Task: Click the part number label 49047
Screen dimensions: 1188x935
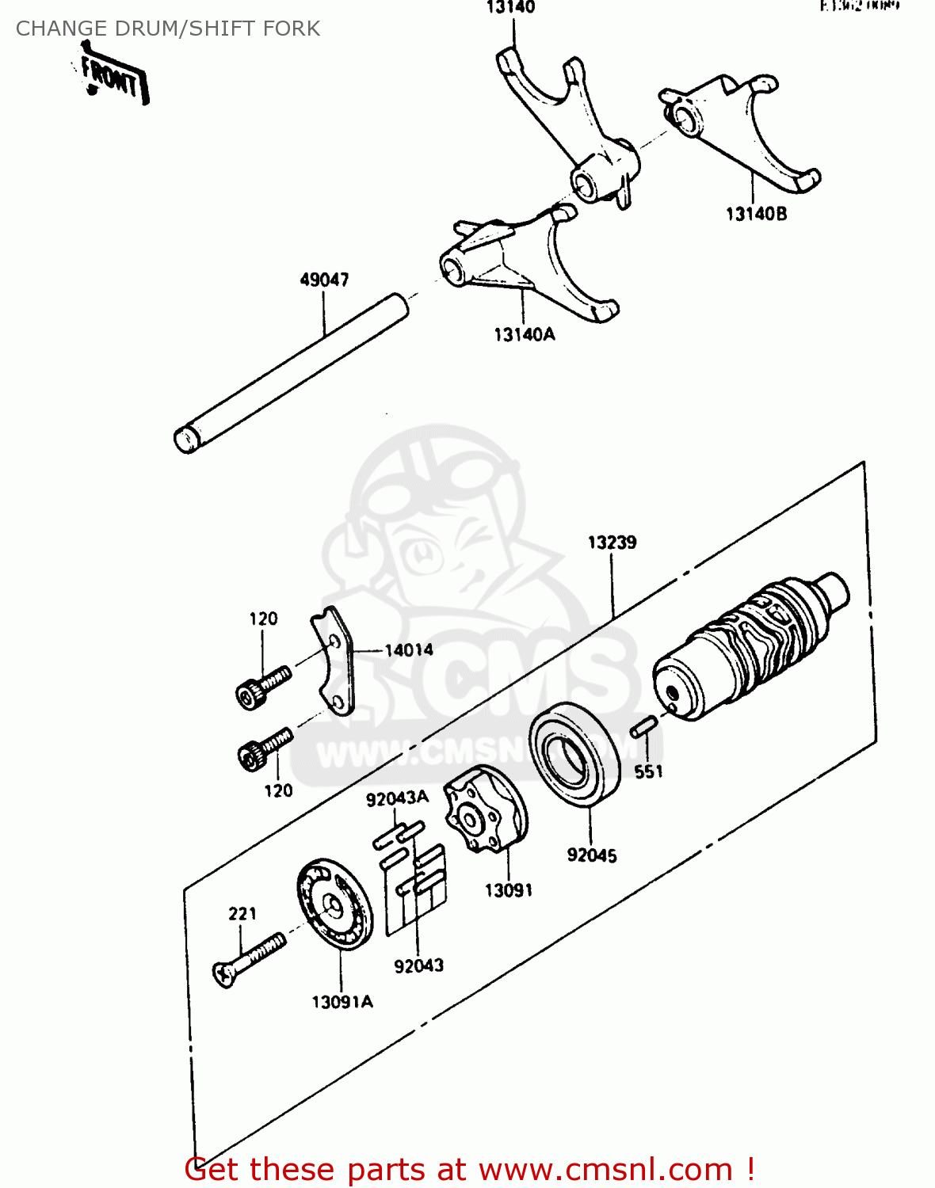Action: [324, 280]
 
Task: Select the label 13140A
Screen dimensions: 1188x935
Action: [524, 334]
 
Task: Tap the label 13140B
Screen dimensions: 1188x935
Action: [756, 214]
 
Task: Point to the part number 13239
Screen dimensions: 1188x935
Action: [612, 543]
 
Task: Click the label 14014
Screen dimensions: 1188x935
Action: [409, 650]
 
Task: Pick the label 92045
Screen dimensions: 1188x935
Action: [591, 855]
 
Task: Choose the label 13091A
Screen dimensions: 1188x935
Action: [342, 1002]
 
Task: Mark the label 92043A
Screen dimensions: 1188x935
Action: [397, 798]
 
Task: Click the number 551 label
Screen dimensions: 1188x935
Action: [648, 771]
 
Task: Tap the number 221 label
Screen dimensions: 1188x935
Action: [242, 913]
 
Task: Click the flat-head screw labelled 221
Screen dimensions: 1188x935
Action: [247, 959]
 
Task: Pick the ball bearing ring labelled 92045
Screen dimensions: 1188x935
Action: [574, 755]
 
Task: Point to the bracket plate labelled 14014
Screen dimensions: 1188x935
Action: [334, 661]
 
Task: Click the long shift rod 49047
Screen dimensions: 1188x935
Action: [292, 372]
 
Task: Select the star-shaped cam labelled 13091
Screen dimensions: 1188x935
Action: [484, 813]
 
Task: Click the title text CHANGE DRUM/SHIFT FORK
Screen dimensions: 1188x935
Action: [168, 29]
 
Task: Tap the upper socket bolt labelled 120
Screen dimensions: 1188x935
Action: [262, 686]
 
